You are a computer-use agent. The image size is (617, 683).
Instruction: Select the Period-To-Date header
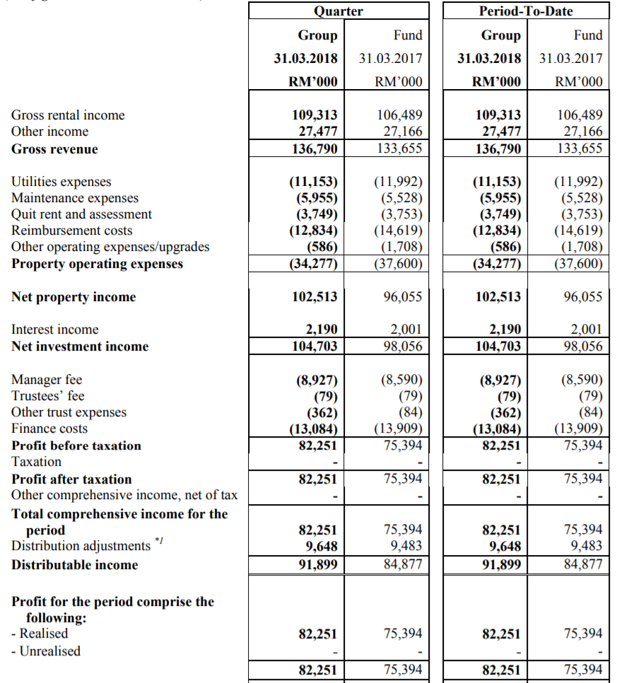(527, 11)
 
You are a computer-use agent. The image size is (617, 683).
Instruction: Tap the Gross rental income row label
(68, 115)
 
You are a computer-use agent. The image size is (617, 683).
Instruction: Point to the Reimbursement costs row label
(71, 230)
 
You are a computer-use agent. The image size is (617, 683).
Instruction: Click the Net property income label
(74, 297)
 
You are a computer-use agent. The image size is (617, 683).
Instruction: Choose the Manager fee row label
(47, 380)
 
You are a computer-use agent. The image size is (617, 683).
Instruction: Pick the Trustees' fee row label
(48, 396)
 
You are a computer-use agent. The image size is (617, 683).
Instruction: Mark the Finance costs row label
(49, 428)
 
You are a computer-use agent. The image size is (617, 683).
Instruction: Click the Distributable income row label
(75, 565)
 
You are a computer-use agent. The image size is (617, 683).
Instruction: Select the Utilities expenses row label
(61, 182)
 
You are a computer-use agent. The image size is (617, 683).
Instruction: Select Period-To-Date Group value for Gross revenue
(497, 149)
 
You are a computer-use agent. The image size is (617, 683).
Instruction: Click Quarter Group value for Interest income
(321, 329)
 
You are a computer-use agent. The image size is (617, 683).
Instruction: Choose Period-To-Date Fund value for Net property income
(583, 297)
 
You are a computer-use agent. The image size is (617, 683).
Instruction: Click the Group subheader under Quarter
(317, 35)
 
